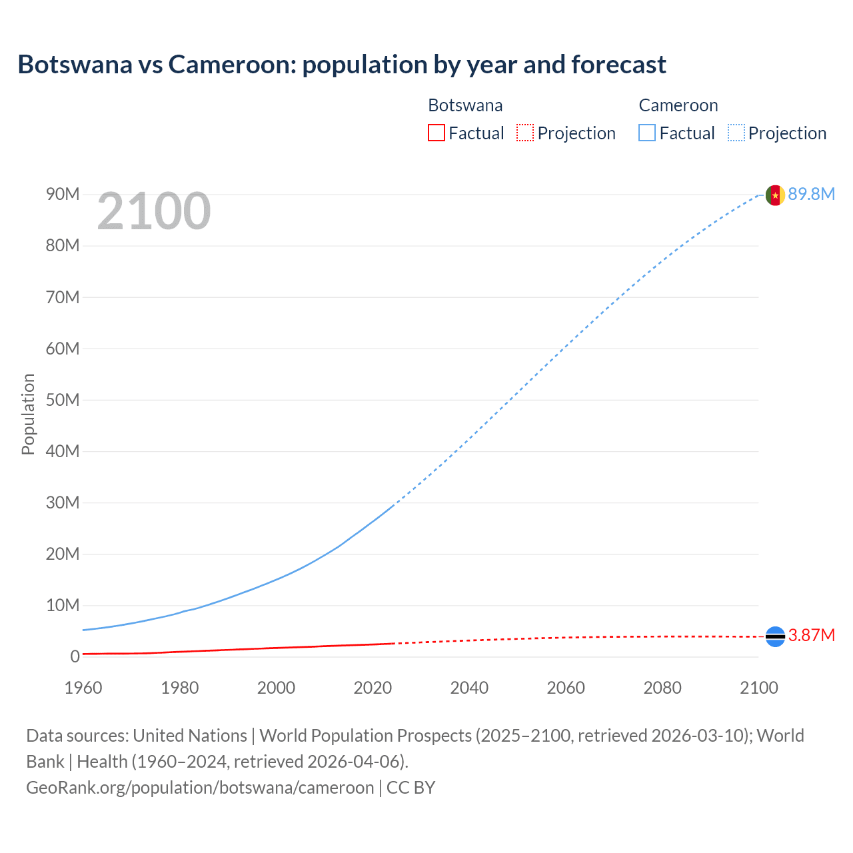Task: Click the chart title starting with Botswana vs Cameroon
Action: (x=341, y=65)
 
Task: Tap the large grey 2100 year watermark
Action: (x=154, y=211)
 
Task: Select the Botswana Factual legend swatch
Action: (x=436, y=133)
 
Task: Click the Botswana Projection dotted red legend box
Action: (x=525, y=133)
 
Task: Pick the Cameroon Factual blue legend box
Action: (x=647, y=133)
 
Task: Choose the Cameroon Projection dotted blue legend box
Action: (x=736, y=133)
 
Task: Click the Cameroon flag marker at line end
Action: (x=775, y=195)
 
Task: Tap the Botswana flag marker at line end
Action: (x=775, y=636)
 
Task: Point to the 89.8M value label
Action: (x=811, y=194)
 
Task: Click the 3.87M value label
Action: (x=811, y=635)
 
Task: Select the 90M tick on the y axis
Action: (x=63, y=194)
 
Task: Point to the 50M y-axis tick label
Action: (x=63, y=400)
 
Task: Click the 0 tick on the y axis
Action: (x=75, y=656)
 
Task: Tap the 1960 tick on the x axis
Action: (x=83, y=688)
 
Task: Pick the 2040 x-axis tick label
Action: (x=469, y=688)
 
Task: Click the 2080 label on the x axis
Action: (x=662, y=688)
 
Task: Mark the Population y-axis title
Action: (x=28, y=414)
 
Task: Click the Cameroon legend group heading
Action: (x=678, y=105)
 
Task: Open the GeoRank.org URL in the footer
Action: (x=200, y=787)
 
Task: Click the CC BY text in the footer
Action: (x=411, y=787)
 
